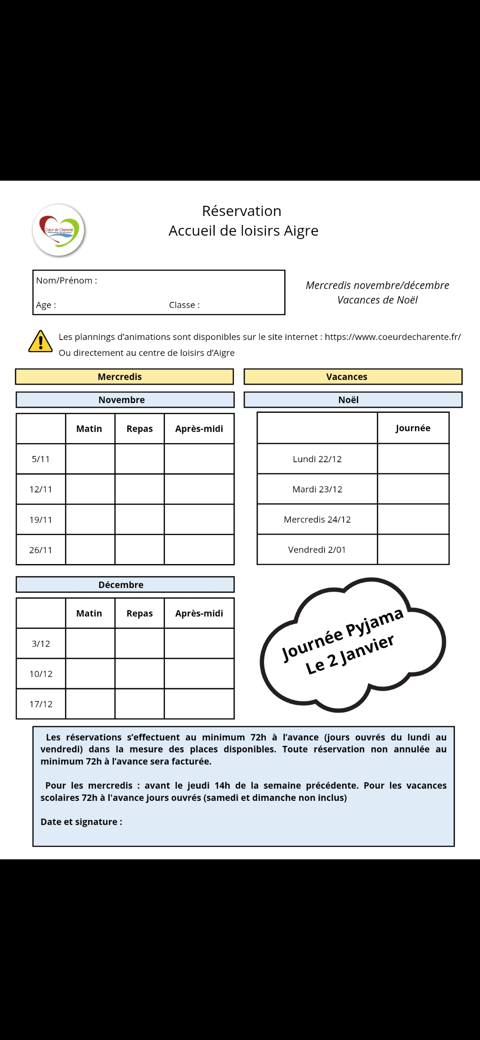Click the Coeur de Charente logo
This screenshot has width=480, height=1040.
click(59, 230)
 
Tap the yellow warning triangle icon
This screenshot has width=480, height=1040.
click(40, 342)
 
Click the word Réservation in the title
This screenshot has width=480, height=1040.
click(241, 211)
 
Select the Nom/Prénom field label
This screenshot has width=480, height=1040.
click(66, 280)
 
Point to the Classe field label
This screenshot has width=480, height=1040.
click(184, 305)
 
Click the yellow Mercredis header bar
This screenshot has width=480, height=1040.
click(124, 376)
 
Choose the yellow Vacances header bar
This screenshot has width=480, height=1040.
click(353, 376)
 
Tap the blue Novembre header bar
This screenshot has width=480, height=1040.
click(125, 400)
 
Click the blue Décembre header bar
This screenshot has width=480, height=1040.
click(125, 584)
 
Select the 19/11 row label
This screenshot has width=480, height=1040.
click(41, 520)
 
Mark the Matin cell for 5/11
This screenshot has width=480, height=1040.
click(90, 459)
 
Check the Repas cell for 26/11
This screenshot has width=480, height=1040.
click(140, 550)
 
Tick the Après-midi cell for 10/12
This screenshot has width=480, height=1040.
click(199, 674)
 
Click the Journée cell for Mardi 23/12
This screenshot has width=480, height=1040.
click(413, 489)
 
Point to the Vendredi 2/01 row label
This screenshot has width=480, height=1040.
click(317, 550)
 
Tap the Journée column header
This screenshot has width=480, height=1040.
click(413, 428)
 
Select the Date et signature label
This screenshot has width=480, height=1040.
click(81, 822)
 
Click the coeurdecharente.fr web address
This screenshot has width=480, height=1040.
click(392, 337)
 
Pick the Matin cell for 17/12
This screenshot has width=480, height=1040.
click(90, 704)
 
